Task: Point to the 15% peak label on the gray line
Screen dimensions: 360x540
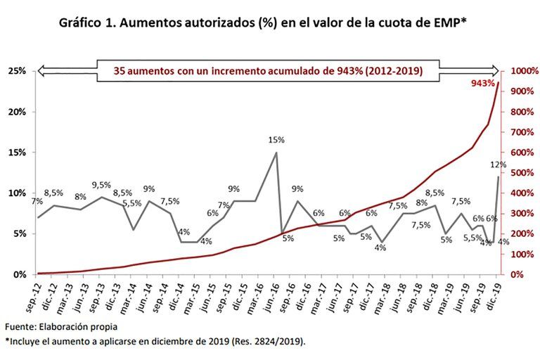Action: click(276, 140)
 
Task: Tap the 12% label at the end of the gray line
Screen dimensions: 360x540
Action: click(499, 165)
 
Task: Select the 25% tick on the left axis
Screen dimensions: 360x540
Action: click(17, 71)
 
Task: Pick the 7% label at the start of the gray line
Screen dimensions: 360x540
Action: click(37, 202)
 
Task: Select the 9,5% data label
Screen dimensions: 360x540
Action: click(101, 185)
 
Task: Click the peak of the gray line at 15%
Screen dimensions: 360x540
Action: click(276, 153)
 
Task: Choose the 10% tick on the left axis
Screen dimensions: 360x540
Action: click(17, 193)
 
